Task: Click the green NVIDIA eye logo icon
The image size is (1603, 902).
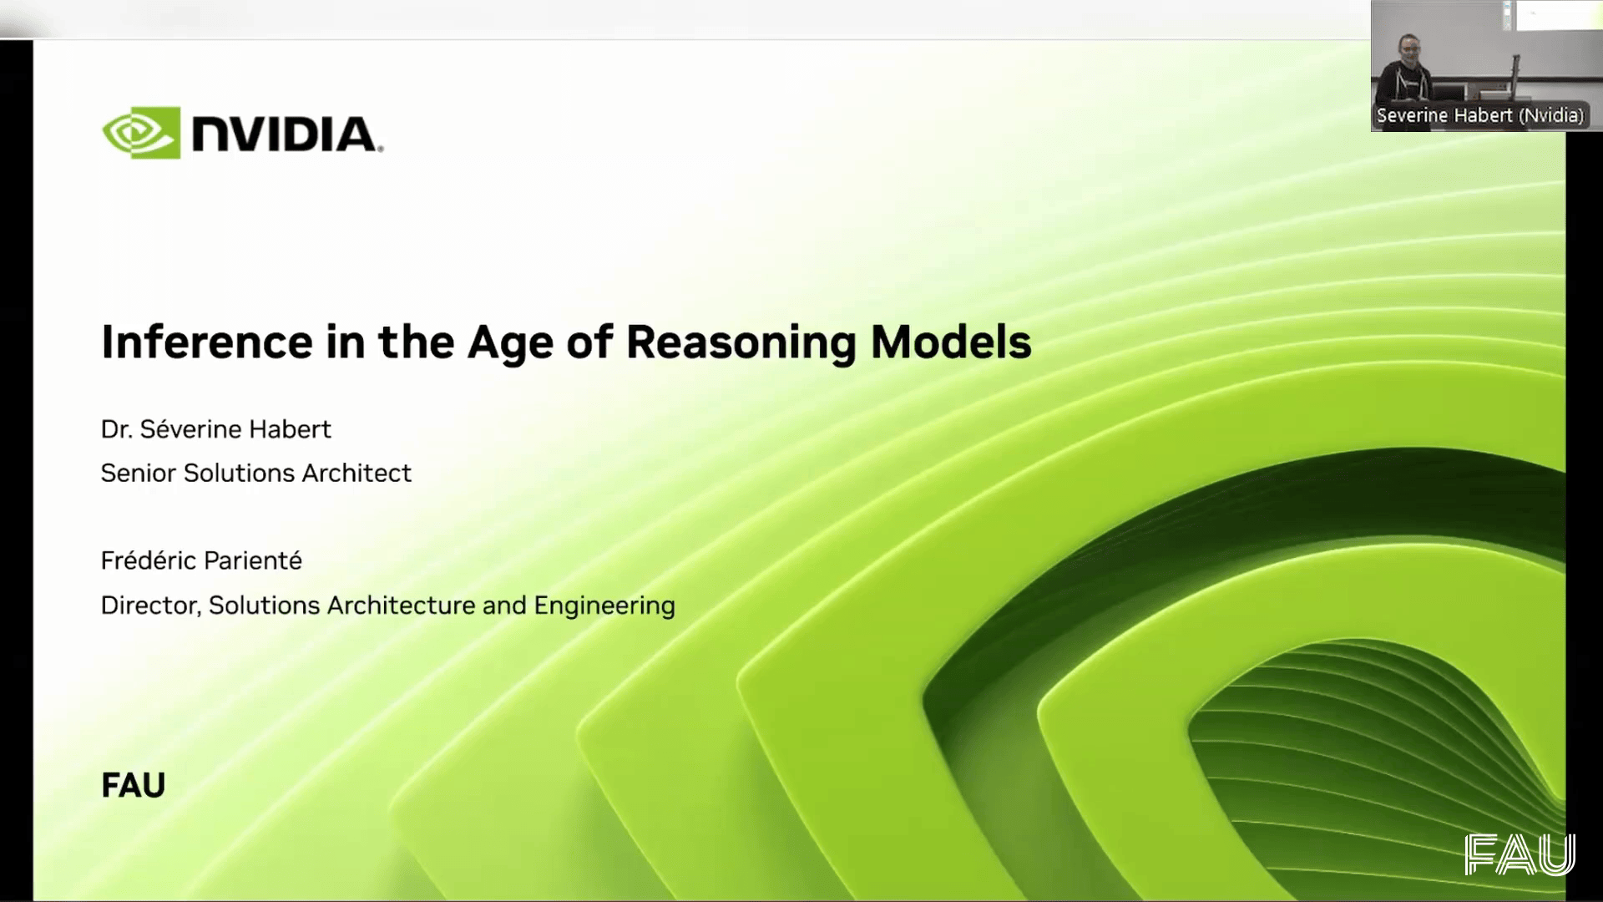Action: (141, 133)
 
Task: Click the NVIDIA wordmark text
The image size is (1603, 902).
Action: (286, 134)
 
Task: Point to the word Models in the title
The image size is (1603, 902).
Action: (951, 342)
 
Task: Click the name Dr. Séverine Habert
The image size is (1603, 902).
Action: (216, 429)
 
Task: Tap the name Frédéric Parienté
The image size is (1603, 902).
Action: (201, 560)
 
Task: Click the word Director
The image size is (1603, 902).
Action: (151, 606)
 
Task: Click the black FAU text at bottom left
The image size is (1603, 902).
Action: (134, 786)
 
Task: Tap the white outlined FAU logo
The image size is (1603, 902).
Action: (1520, 854)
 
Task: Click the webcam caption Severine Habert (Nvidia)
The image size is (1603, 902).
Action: (1480, 115)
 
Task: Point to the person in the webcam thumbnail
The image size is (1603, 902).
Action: (1405, 75)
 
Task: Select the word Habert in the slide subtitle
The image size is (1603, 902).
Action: (289, 429)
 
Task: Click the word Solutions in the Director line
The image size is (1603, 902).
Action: (264, 606)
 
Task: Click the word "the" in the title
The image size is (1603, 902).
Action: (416, 342)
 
